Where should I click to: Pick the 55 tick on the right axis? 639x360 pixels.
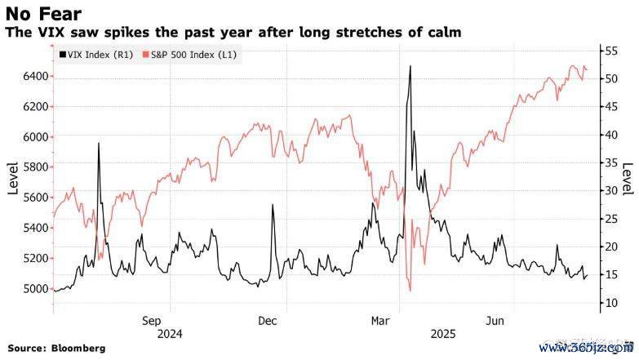[608, 51]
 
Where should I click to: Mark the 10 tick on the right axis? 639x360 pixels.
[608, 303]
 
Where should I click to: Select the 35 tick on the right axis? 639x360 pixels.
[608, 162]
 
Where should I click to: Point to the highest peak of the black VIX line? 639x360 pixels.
[410, 66]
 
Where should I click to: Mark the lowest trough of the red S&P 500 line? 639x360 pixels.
[409, 291]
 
